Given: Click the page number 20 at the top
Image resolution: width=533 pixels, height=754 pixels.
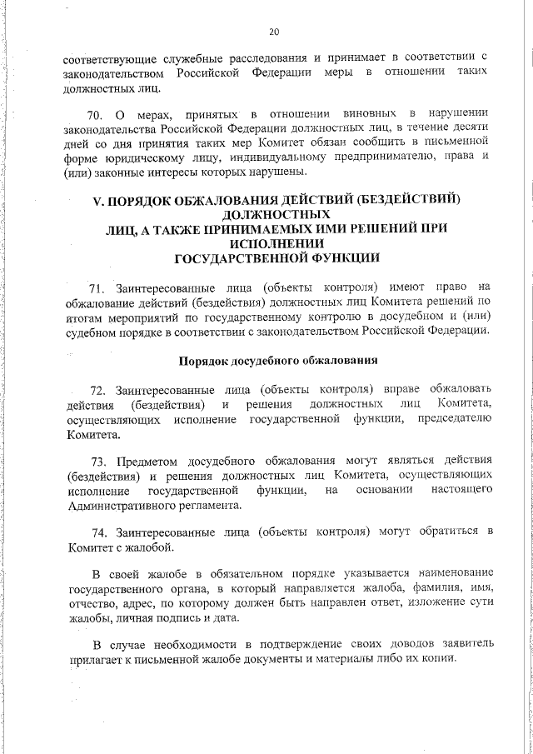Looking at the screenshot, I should tap(273, 32).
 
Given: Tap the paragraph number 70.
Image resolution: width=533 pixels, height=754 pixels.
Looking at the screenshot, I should tap(95, 112).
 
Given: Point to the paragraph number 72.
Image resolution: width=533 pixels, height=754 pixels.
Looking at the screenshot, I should tap(99, 389).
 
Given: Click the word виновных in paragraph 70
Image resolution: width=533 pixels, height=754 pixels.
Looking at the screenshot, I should tap(367, 112).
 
